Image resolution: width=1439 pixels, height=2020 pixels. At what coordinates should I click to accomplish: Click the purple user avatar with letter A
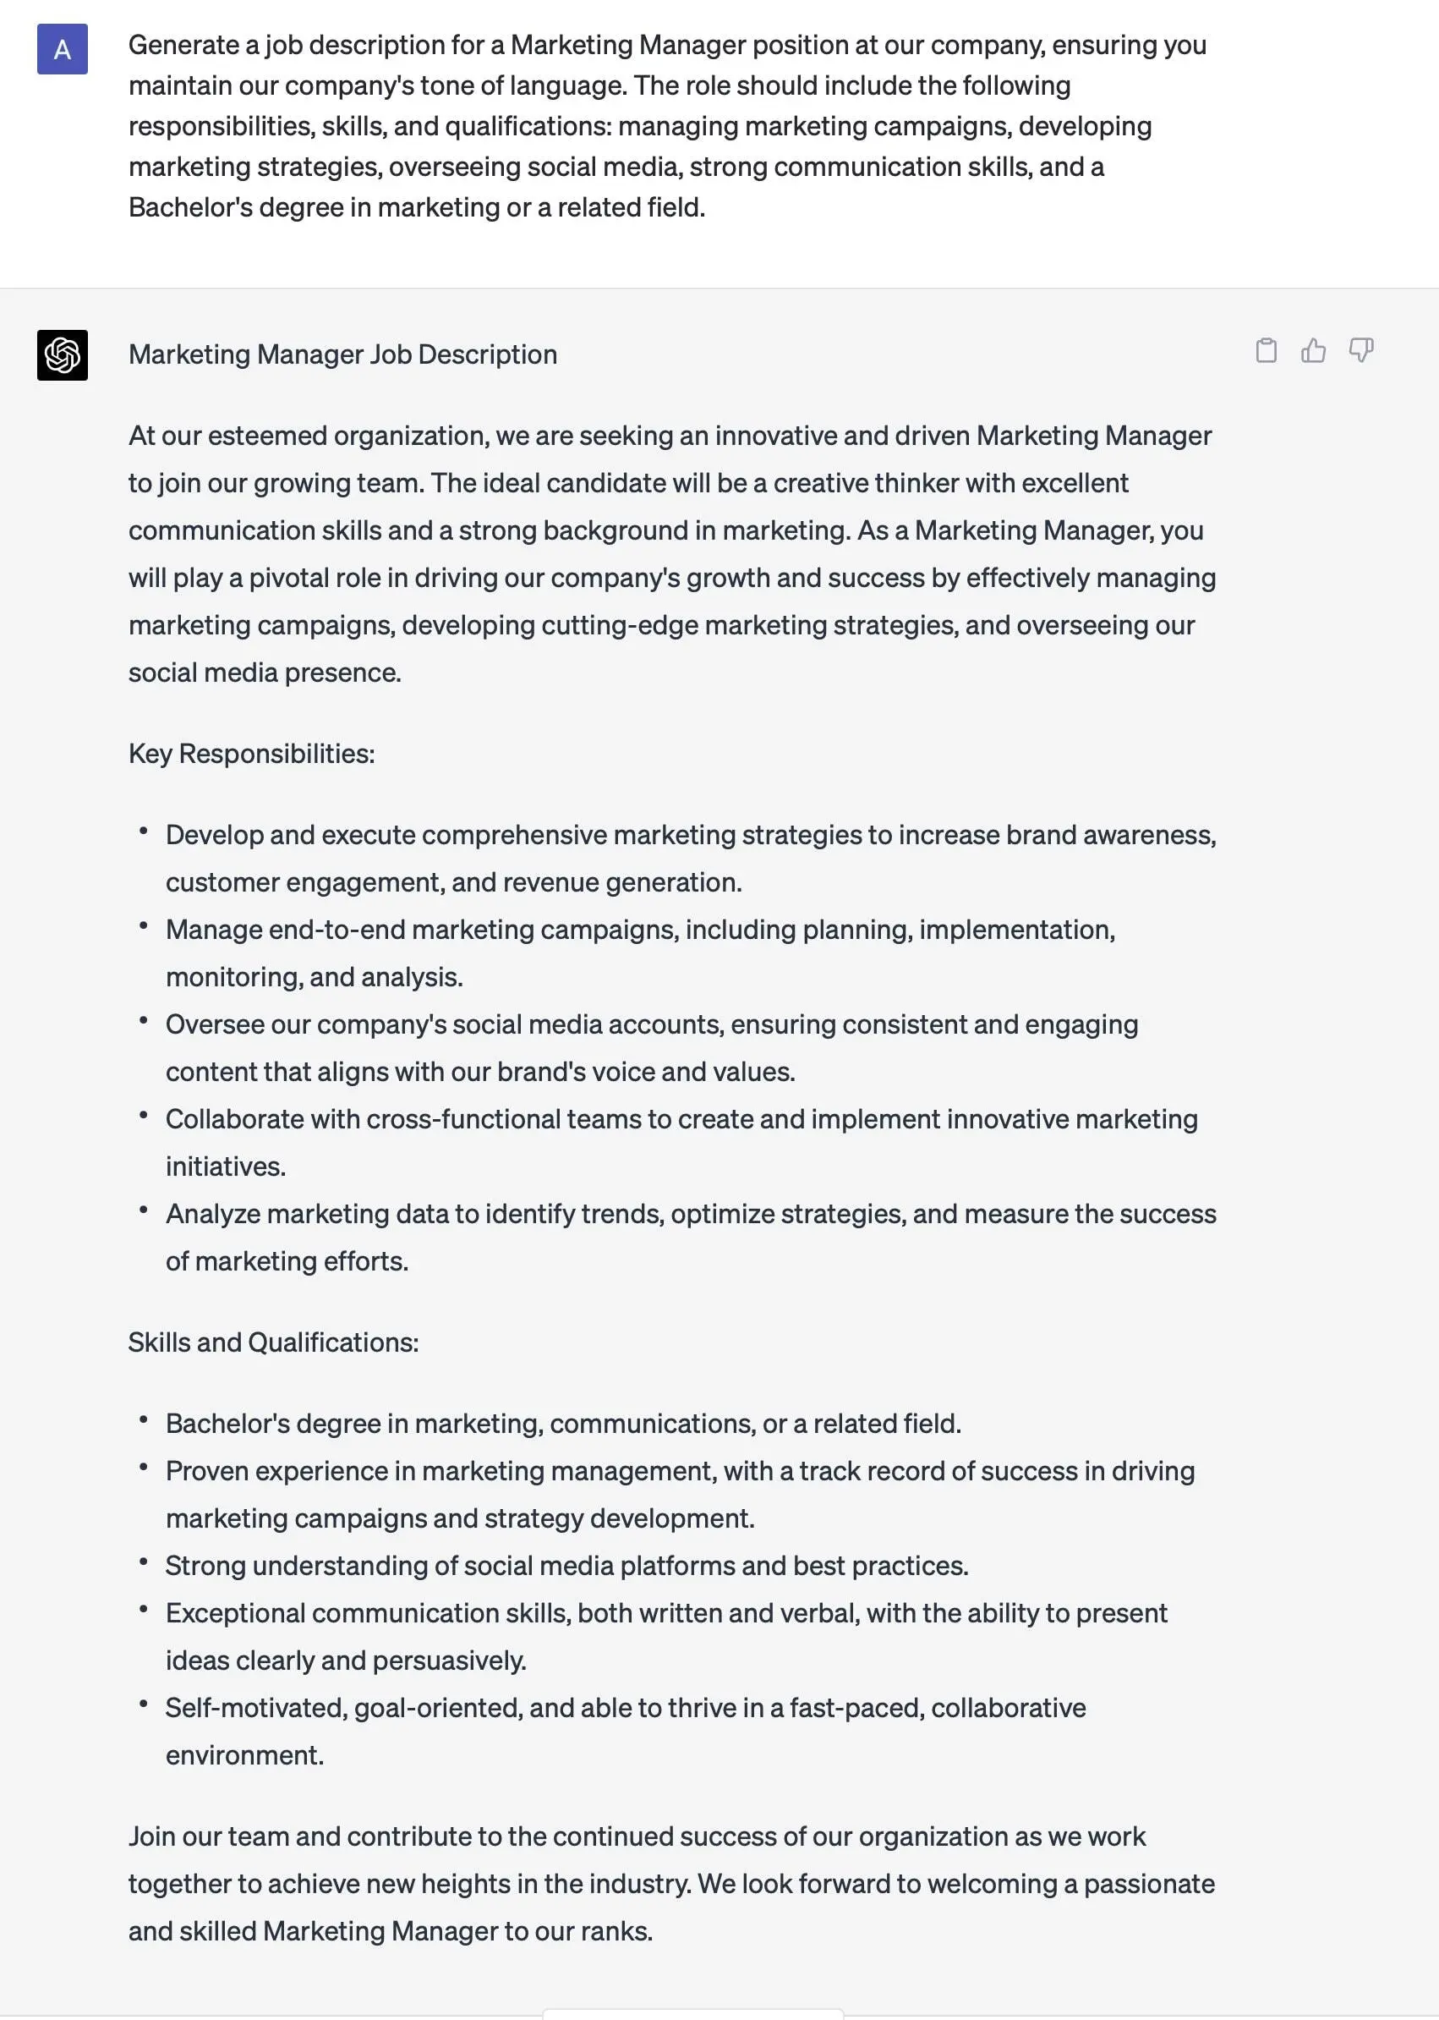62,50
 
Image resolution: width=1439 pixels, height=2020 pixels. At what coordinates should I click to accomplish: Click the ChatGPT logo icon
62,354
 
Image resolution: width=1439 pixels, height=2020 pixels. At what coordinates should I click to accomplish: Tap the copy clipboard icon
1267,351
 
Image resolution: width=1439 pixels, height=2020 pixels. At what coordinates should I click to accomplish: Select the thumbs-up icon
1313,351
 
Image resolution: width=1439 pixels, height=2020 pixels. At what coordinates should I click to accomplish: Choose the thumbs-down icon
1361,350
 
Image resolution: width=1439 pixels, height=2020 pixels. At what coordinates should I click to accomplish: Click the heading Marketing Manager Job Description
342,354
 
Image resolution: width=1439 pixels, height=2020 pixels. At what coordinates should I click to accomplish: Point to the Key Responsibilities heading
251,754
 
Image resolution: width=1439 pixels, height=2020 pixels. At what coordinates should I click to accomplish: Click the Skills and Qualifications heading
273,1342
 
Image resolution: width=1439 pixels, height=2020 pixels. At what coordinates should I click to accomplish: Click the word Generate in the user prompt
183,45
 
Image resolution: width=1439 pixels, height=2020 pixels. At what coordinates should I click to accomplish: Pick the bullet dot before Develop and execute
143,832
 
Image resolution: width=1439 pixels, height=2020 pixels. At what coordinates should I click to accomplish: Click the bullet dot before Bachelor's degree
143,1420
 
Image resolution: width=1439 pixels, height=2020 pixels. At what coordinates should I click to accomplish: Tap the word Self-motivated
255,1708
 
